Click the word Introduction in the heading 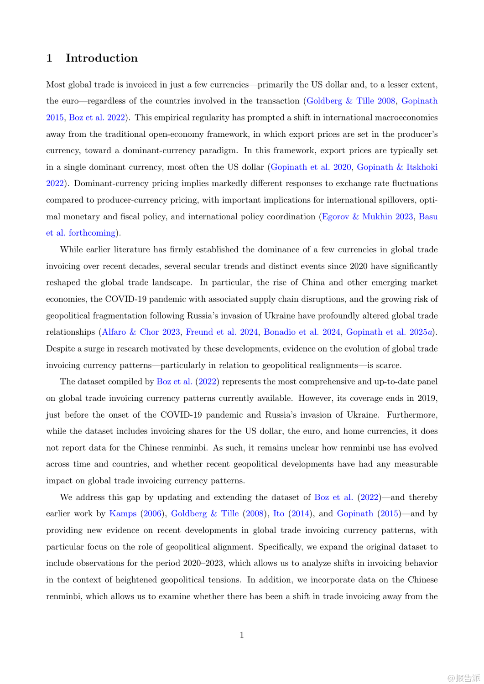[x=101, y=58]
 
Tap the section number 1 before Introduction [x=49, y=58]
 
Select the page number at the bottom [x=242, y=635]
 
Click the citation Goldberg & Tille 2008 [x=351, y=101]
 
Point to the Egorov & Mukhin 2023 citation [x=367, y=217]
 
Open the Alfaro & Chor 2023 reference [x=141, y=332]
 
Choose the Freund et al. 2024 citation [x=222, y=332]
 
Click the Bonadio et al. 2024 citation [x=302, y=332]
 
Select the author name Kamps [x=123, y=513]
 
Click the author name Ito [x=279, y=513]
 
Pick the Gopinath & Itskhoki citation [x=397, y=167]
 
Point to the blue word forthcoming [x=92, y=233]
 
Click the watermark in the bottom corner [x=463, y=678]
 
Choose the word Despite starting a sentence [x=61, y=349]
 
